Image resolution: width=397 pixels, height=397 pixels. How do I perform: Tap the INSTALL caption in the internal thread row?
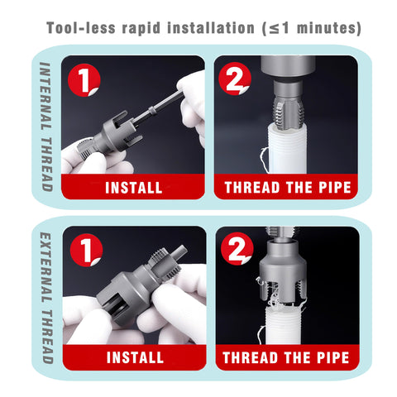[x=133, y=187]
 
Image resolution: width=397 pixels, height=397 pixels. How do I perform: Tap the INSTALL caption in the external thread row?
[x=133, y=358]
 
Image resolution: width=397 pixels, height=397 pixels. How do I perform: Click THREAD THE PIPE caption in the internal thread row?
[x=286, y=187]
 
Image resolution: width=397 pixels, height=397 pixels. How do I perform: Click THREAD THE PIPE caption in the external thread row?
[x=286, y=358]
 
